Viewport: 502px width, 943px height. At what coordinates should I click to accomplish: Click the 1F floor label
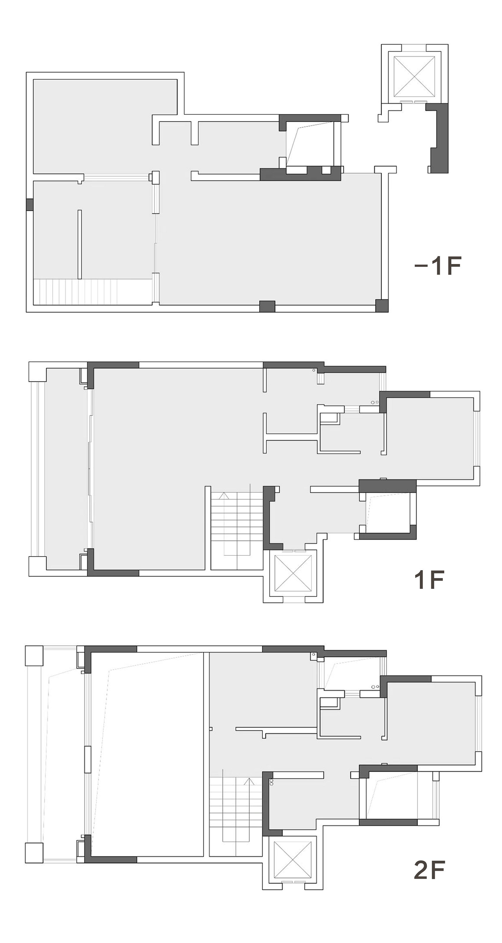click(429, 579)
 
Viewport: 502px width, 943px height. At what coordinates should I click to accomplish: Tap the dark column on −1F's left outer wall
click(30, 205)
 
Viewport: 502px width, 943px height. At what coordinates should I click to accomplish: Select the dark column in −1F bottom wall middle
click(267, 306)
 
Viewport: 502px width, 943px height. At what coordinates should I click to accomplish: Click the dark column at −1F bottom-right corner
click(382, 306)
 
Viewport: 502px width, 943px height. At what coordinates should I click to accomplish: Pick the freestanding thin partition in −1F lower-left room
click(80, 244)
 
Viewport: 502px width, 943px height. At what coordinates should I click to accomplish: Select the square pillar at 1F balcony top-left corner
click(37, 372)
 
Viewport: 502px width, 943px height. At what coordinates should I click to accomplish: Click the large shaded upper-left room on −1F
click(105, 126)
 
